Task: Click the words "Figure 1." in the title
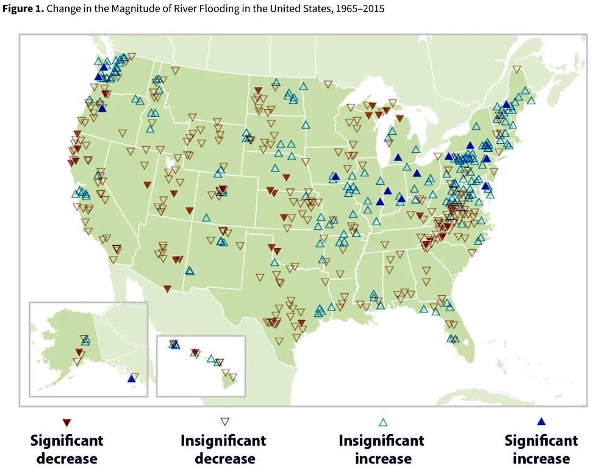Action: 23,9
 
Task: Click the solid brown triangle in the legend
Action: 66,422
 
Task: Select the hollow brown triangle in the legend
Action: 225,422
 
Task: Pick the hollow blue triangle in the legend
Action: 383,422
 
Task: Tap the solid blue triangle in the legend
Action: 541,421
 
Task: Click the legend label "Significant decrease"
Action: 66,449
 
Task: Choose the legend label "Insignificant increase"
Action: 381,449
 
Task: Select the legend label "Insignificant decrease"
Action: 223,449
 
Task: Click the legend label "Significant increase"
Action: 541,449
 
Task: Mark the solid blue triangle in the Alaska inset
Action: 131,379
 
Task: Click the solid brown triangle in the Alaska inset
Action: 79,352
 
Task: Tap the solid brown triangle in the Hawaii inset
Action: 195,352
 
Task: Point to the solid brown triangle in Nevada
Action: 148,185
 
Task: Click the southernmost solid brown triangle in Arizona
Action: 167,289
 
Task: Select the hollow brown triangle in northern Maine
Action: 517,70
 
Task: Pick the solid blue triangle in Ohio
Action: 417,173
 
